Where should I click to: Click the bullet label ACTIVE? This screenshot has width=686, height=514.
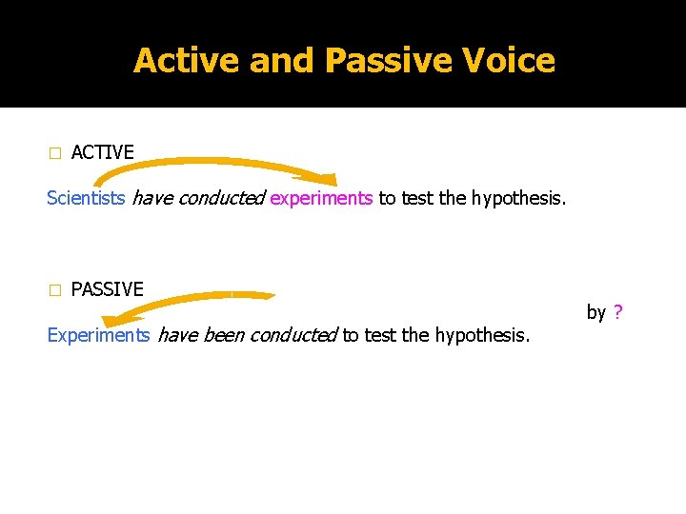(102, 152)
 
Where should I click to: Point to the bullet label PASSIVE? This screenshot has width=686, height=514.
(107, 289)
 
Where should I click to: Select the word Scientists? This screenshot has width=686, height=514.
(86, 199)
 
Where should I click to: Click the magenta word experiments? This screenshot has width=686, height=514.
(321, 199)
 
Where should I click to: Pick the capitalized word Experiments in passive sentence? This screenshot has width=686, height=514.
(98, 335)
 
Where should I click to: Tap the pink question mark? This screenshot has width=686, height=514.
(618, 312)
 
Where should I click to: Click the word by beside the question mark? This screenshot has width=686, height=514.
(596, 312)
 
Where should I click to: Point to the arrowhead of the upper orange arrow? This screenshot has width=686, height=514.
(324, 178)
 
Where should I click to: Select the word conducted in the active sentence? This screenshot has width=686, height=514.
(221, 199)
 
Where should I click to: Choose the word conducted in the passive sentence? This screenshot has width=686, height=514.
(293, 335)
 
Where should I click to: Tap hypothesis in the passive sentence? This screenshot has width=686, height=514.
(483, 335)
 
